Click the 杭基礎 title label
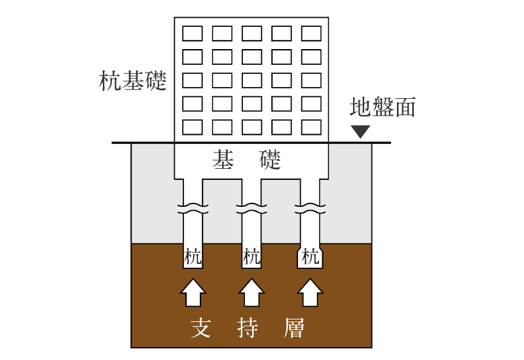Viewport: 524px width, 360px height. click(x=132, y=81)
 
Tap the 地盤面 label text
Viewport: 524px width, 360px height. click(x=383, y=107)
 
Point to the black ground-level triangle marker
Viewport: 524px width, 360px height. click(x=360, y=132)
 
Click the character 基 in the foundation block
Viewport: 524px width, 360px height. click(x=223, y=160)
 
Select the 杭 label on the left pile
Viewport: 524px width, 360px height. click(x=193, y=257)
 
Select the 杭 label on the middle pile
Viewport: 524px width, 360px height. click(x=252, y=257)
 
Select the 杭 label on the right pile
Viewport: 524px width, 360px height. click(x=310, y=257)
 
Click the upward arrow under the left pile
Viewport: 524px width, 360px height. click(x=193, y=292)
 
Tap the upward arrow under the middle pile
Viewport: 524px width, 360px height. click(x=252, y=292)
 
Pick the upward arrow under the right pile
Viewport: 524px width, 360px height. click(x=310, y=292)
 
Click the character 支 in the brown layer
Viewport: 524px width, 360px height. click(x=200, y=328)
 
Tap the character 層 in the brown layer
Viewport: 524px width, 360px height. click(x=295, y=328)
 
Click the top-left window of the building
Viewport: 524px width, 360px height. click(x=192, y=33)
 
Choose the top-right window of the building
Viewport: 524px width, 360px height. click(x=311, y=33)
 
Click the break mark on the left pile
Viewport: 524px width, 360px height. click(x=193, y=210)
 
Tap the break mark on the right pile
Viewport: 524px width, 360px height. click(x=310, y=210)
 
